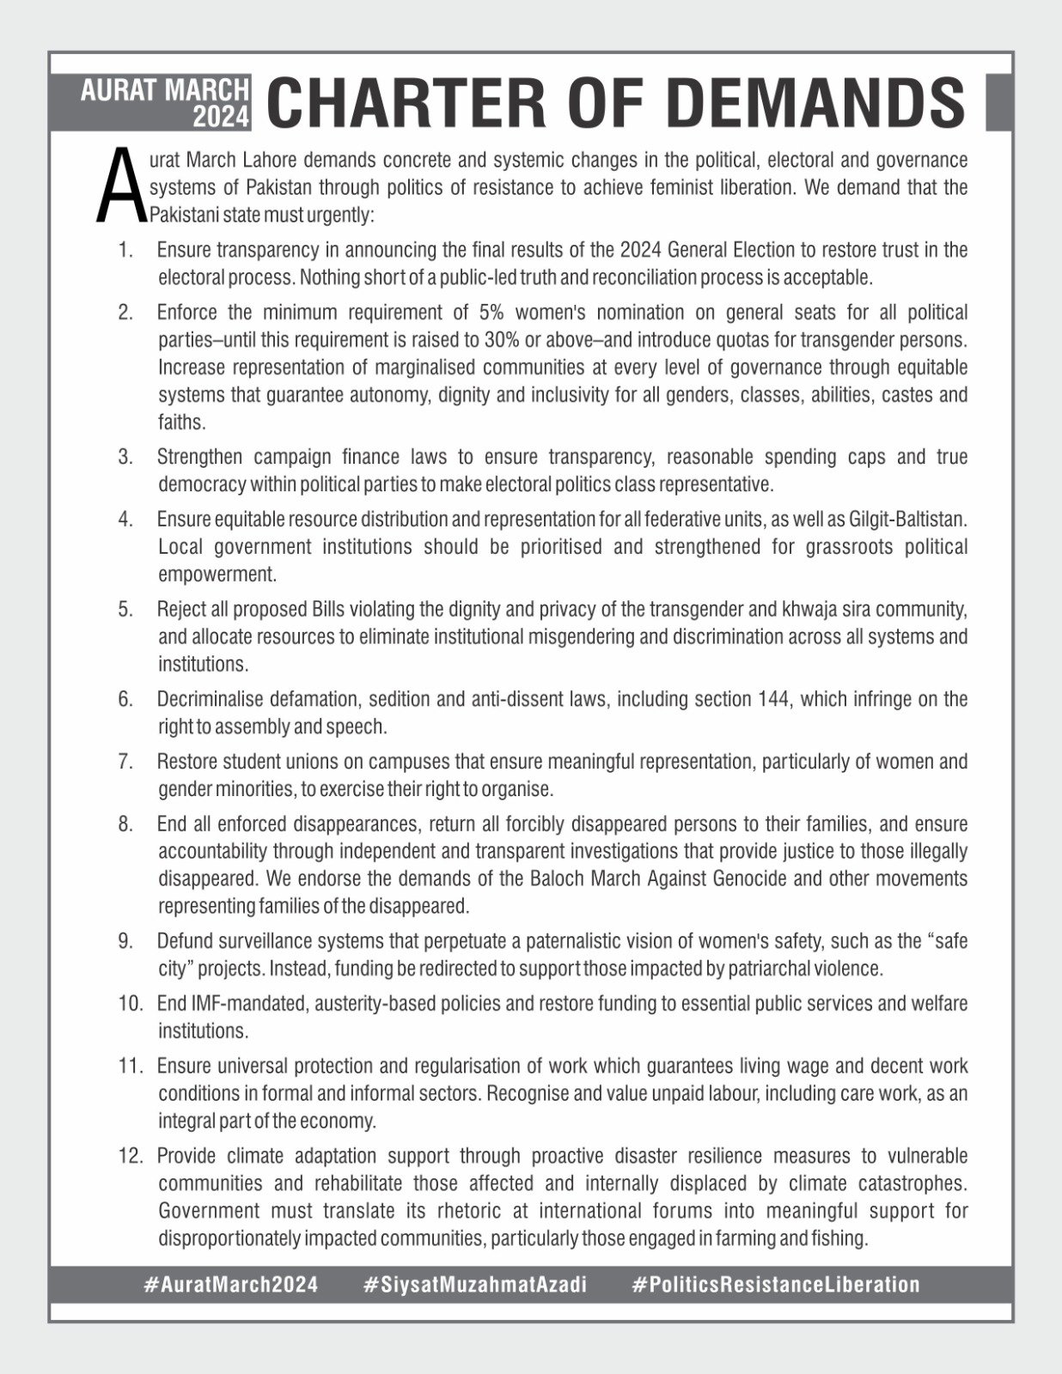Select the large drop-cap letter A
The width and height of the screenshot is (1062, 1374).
119,185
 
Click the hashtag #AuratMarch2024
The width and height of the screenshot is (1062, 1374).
231,1285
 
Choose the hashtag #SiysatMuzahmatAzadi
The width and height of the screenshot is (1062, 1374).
475,1285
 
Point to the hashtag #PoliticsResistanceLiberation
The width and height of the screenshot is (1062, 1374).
775,1285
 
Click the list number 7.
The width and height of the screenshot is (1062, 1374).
125,762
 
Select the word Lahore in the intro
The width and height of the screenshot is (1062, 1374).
264,161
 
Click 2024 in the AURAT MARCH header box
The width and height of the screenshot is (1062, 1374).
220,118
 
